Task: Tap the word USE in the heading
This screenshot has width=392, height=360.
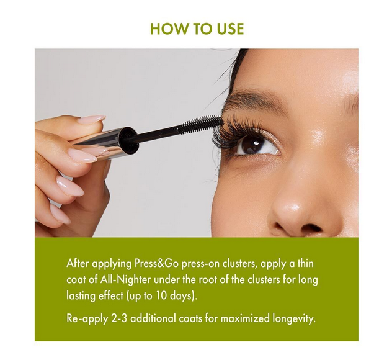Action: click(230, 29)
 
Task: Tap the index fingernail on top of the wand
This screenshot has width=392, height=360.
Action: click(92, 119)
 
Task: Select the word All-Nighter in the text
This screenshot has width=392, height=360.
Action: click(125, 280)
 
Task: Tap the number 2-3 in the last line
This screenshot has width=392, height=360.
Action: click(118, 318)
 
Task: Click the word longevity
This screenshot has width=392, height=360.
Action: click(294, 319)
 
